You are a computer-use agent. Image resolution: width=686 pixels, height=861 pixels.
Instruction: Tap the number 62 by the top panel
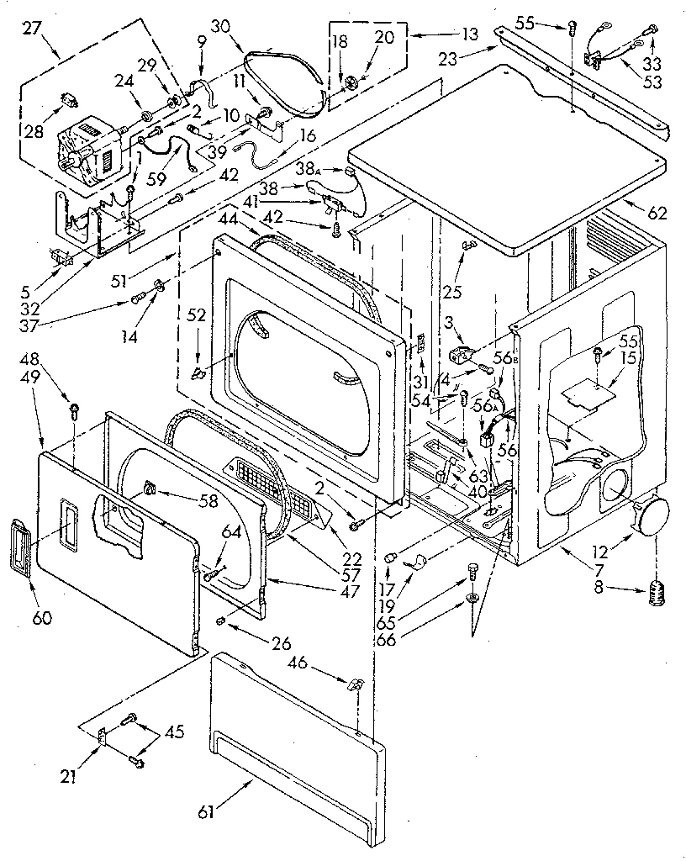657,214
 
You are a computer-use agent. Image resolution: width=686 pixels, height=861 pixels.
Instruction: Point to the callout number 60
42,620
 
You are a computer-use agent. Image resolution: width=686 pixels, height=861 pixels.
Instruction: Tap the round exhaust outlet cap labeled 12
655,516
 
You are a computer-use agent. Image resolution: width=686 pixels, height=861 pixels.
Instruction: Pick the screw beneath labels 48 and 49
75,411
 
